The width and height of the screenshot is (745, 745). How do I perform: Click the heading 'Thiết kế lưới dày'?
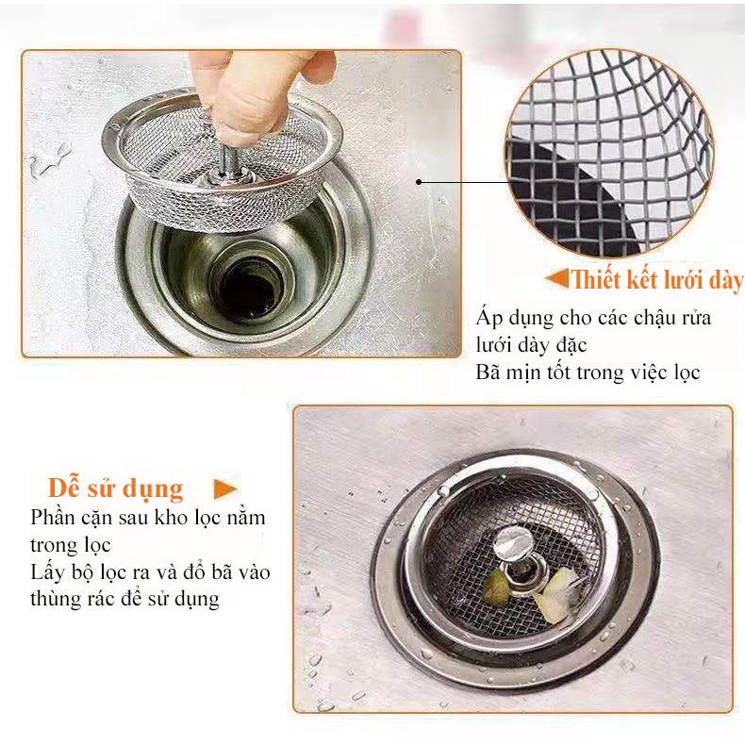656,280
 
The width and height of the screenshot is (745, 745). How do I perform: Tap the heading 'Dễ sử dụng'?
116,488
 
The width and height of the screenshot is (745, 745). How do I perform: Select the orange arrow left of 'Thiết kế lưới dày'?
557,279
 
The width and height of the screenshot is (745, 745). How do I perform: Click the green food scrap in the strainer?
496,590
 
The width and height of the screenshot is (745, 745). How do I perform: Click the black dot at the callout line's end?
419,182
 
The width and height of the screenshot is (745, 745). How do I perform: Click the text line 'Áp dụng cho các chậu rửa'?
594,318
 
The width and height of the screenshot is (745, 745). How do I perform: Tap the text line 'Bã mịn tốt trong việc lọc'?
588,372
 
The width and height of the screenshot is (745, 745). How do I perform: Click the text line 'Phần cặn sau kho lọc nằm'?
147,518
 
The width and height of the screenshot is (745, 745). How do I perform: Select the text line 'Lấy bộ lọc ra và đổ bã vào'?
151,572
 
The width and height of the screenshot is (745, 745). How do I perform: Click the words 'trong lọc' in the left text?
71,545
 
